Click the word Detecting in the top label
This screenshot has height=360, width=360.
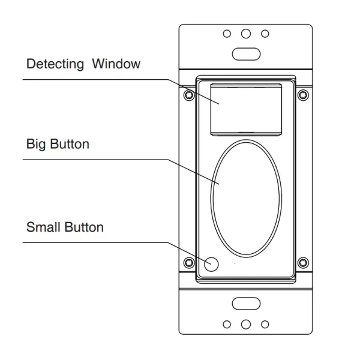pyautogui.click(x=55, y=64)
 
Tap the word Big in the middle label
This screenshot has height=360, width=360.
pyautogui.click(x=36, y=145)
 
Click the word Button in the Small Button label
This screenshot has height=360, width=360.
pyautogui.click(x=83, y=227)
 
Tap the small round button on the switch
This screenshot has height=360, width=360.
pyautogui.click(x=211, y=263)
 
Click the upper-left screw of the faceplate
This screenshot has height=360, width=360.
pyautogui.click(x=188, y=95)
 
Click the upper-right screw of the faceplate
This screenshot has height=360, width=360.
pyautogui.click(x=303, y=95)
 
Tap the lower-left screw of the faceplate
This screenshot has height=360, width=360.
pyautogui.click(x=188, y=262)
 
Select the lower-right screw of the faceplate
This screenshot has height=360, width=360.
pyautogui.click(x=303, y=262)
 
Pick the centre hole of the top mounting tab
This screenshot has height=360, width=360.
pyautogui.click(x=245, y=34)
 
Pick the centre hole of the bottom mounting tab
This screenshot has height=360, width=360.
pyautogui.click(x=245, y=324)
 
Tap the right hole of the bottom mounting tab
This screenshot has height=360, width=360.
pyautogui.click(x=265, y=324)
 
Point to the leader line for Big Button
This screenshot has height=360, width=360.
pyautogui.click(x=120, y=160)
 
